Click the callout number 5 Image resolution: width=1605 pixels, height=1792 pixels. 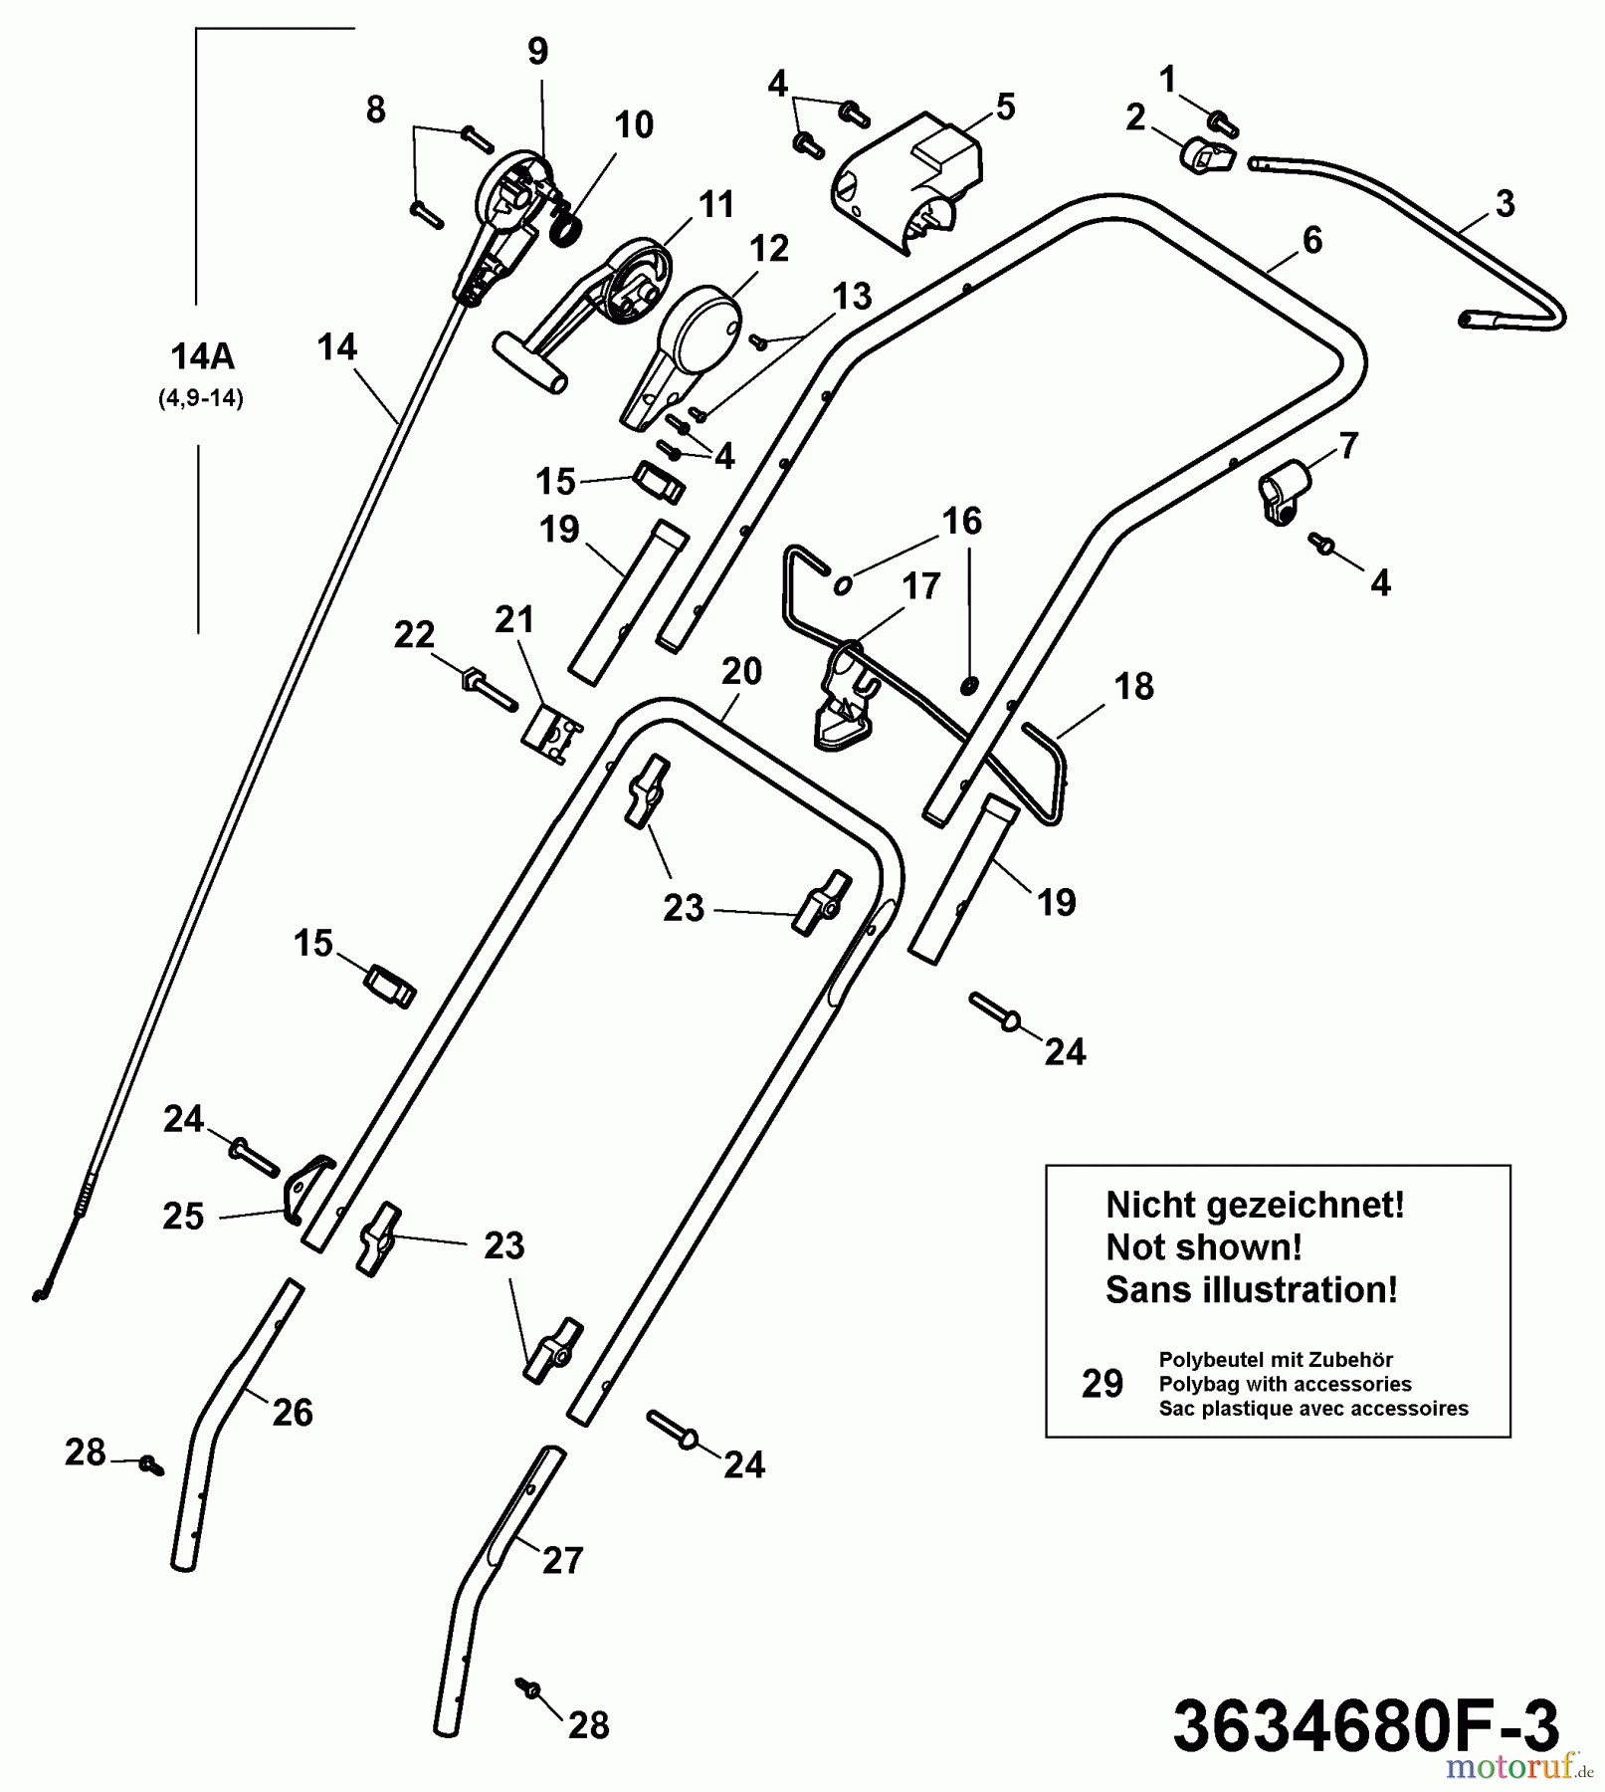[x=1005, y=108]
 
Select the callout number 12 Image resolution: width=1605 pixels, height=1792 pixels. [x=768, y=249]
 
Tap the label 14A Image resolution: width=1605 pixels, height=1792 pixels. [x=202, y=356]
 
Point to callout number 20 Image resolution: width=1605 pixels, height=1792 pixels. [x=741, y=671]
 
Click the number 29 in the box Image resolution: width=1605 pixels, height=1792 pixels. [x=1103, y=1384]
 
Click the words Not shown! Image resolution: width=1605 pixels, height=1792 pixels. [x=1203, y=1247]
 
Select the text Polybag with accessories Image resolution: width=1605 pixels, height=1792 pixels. [x=1285, y=1384]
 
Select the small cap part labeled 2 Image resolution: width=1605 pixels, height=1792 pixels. [x=1204, y=155]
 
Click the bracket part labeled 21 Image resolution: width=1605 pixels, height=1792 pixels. [x=550, y=737]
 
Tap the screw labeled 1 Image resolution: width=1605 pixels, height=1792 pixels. [x=1223, y=123]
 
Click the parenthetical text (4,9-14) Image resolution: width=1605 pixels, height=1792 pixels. [x=201, y=399]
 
